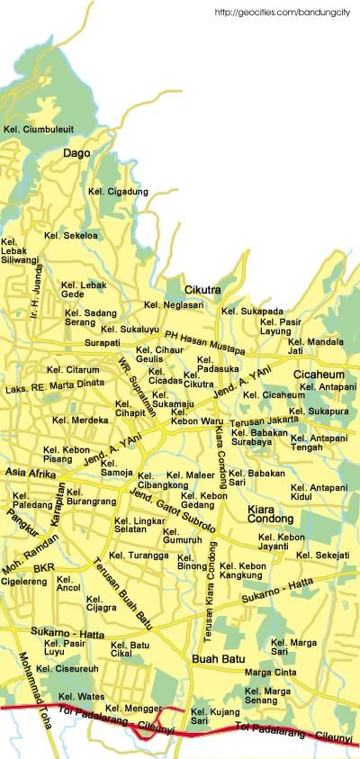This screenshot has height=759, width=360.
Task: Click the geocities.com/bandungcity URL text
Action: tap(283, 13)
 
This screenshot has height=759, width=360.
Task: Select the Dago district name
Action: tap(76, 154)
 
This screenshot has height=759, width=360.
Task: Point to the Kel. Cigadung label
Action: tap(118, 191)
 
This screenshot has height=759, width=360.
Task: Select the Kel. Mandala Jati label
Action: tap(315, 347)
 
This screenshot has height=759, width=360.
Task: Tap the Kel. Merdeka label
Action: tap(80, 420)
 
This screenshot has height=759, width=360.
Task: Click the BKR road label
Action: tap(44, 569)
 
